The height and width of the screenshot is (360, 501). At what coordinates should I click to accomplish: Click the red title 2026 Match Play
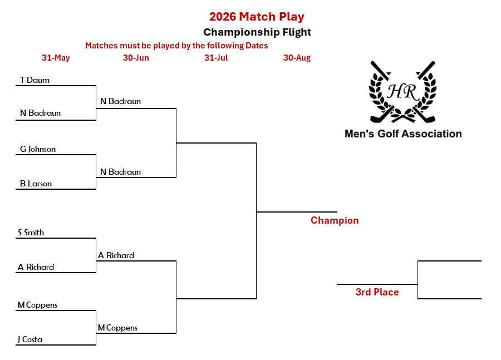[257, 17]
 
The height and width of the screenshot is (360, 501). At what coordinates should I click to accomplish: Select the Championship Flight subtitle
[257, 32]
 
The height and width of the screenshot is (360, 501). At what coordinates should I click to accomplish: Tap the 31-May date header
[56, 58]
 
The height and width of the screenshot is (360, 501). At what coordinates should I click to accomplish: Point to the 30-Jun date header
[136, 58]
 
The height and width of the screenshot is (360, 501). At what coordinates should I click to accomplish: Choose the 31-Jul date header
[216, 58]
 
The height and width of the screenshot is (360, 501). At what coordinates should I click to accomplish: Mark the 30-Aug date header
[297, 58]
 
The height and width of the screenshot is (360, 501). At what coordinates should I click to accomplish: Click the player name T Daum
[35, 80]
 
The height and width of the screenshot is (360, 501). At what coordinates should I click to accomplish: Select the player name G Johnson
[38, 149]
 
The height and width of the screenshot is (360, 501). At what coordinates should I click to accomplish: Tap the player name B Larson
[36, 184]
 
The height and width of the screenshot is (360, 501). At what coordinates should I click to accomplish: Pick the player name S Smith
[31, 233]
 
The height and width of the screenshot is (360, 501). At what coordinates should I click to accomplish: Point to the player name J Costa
[30, 339]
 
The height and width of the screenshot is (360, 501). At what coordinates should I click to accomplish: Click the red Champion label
[335, 220]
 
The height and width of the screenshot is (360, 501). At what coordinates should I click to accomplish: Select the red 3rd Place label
[377, 292]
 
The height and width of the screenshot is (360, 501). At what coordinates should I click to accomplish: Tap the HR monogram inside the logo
[402, 92]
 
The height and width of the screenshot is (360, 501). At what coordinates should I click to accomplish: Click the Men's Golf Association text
[403, 134]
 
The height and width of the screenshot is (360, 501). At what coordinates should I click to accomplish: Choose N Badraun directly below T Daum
[40, 113]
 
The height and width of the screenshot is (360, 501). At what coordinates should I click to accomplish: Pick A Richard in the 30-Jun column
[116, 255]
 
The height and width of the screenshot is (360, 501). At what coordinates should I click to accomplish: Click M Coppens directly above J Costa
[37, 305]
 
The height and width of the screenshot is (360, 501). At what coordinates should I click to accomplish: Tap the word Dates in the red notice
[257, 46]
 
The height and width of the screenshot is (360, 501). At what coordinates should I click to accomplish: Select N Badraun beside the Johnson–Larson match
[120, 172]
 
